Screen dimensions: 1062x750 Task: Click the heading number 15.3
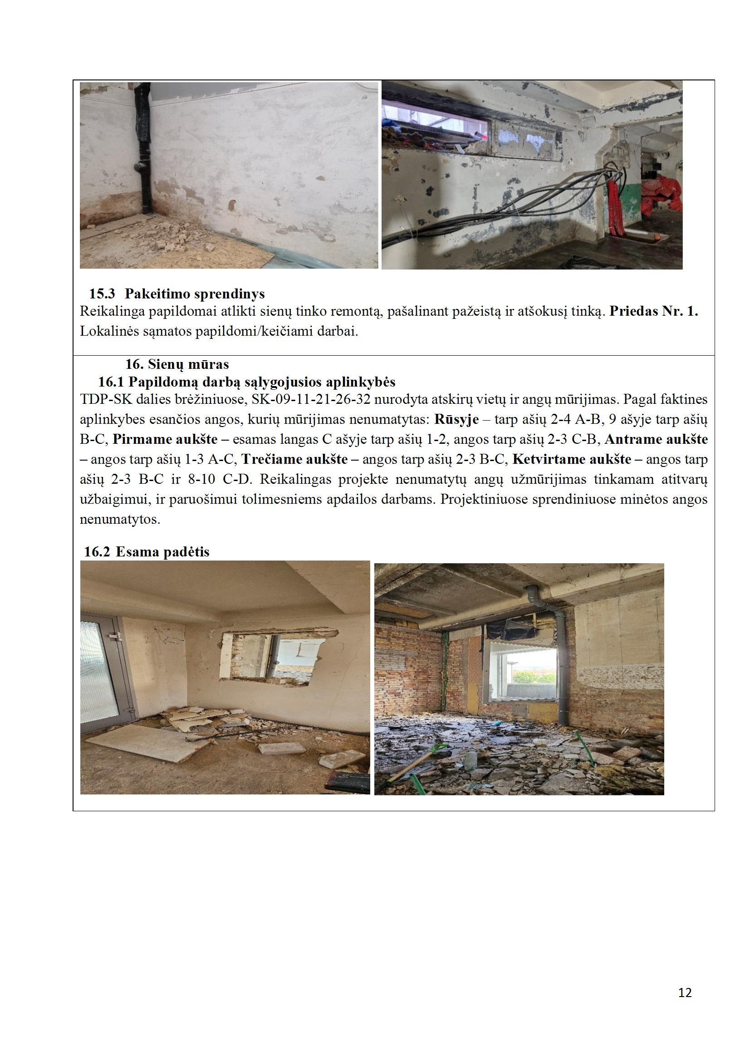click(102, 294)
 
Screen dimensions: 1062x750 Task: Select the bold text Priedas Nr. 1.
click(653, 311)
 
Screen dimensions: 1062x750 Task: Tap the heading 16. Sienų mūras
click(177, 364)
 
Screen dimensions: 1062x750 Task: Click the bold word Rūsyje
click(456, 420)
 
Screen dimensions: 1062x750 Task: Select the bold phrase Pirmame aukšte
click(165, 439)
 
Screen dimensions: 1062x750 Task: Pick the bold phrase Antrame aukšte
click(656, 439)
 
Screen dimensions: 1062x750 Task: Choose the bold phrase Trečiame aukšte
click(294, 459)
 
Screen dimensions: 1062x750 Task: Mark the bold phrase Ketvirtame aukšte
click(572, 459)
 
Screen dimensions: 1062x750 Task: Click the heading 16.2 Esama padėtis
click(147, 552)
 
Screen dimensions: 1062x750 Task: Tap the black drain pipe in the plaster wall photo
click(144, 148)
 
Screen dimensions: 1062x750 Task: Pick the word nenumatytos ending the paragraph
click(120, 520)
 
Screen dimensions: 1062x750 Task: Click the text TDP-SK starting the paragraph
click(106, 399)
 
